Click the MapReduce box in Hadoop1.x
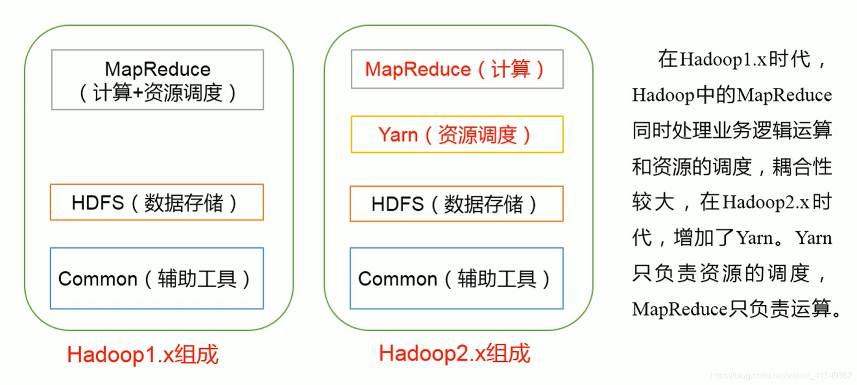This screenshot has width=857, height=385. point(157,80)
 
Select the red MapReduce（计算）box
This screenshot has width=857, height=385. point(456,69)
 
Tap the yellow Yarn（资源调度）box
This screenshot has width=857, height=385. point(456,134)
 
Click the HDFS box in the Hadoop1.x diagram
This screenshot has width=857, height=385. point(157,202)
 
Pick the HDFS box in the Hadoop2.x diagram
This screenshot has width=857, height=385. point(456,204)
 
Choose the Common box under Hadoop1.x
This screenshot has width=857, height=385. point(157,278)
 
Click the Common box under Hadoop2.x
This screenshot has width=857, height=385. point(456,278)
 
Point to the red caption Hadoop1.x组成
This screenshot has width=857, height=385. point(142,355)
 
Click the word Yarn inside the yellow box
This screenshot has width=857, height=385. point(398,135)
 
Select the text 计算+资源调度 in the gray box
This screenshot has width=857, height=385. point(157,93)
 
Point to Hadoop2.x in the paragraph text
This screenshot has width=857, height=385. point(766,202)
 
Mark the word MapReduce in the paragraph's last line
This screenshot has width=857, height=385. point(679,309)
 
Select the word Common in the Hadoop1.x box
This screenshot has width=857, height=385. point(97,279)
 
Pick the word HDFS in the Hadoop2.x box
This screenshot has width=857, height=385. point(397,204)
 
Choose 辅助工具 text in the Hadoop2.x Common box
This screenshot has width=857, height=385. point(497,279)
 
